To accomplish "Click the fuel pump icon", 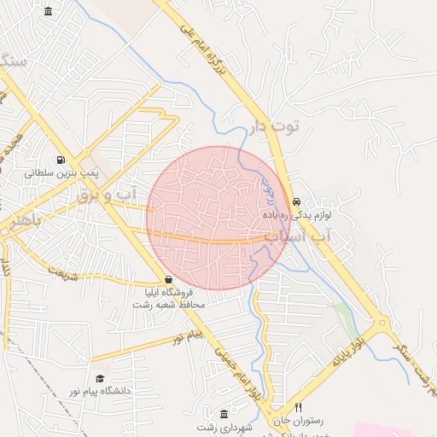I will pos(61,160).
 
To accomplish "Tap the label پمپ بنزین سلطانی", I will pos(61,172).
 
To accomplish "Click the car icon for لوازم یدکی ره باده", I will pos(296,202).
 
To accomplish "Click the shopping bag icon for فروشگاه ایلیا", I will pos(168,279).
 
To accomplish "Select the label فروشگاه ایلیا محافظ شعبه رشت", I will pos(169,298).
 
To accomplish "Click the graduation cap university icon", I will pos(100,378).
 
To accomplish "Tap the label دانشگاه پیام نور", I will pos(102,391).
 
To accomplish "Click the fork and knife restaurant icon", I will pos(298,407).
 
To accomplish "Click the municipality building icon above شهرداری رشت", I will pos(224,413).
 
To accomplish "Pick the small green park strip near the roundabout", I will pos(347,316).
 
